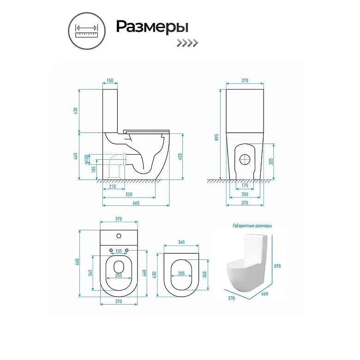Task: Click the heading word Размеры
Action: (152, 27)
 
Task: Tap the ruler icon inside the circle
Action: (87, 31)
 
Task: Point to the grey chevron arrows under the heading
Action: (187, 43)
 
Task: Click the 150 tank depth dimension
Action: (110, 80)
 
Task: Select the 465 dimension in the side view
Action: (76, 156)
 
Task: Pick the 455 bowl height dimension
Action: (180, 156)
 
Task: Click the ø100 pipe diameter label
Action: (86, 159)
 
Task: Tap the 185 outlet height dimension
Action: (94, 169)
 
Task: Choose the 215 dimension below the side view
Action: (113, 186)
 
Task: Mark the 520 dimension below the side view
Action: (129, 194)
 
